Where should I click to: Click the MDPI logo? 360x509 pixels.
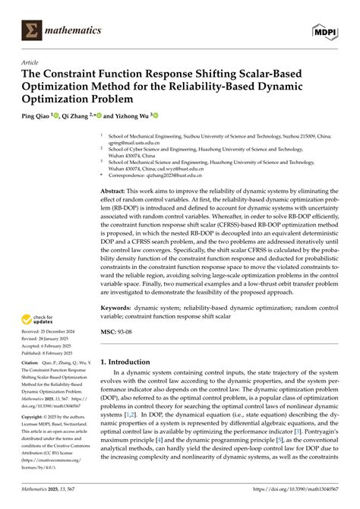(x=327, y=30)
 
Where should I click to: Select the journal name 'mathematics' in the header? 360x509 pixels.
(x=73, y=30)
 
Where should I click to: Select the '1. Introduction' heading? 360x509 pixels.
(x=134, y=362)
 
